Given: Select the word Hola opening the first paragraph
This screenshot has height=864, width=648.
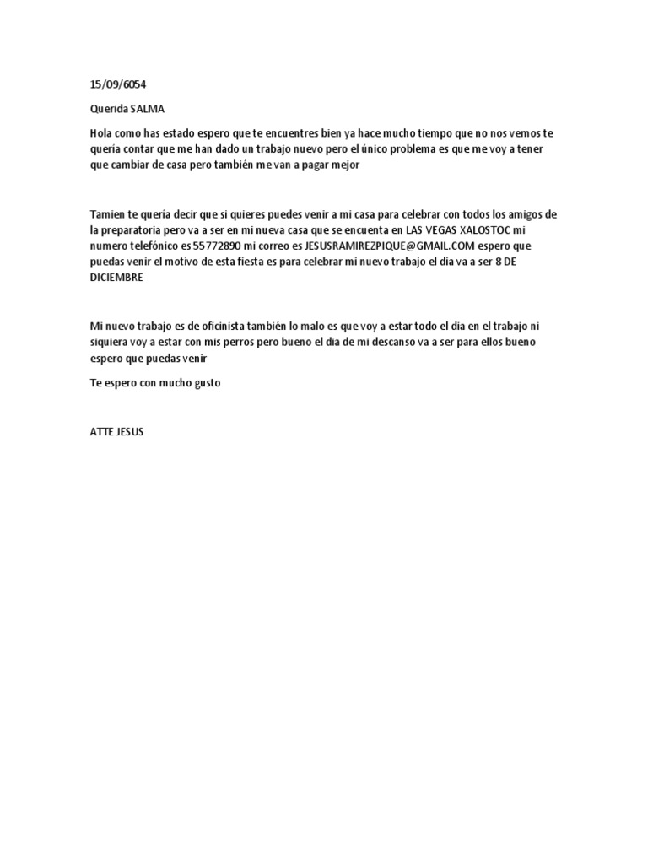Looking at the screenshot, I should tap(100, 133).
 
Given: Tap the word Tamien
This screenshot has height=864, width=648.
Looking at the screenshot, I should tap(105, 214).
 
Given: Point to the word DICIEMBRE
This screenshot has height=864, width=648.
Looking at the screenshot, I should tap(117, 278).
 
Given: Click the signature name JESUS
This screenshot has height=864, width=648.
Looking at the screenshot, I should tap(130, 431).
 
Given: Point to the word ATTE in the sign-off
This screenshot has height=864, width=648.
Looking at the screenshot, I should tap(101, 431).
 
